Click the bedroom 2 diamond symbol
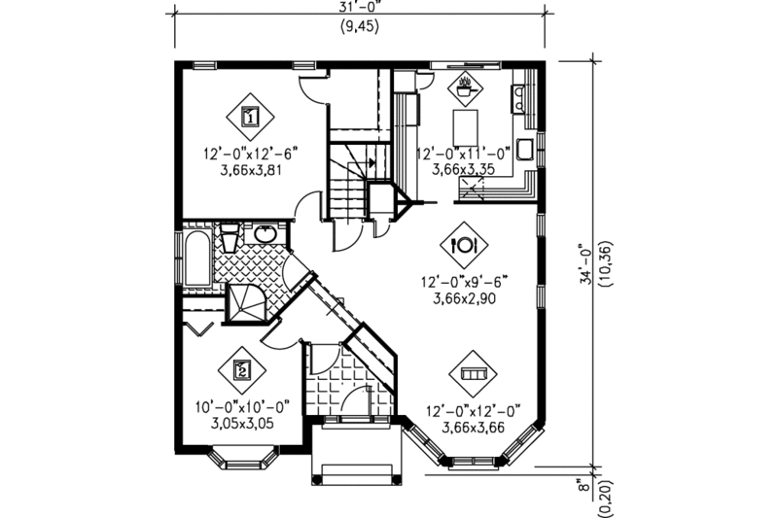click(x=242, y=369)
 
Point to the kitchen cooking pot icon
click(x=465, y=88)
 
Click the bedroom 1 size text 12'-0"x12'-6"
click(x=249, y=152)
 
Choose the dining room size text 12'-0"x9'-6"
click(x=465, y=282)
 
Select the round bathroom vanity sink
click(x=265, y=234)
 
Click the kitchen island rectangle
click(x=466, y=126)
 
